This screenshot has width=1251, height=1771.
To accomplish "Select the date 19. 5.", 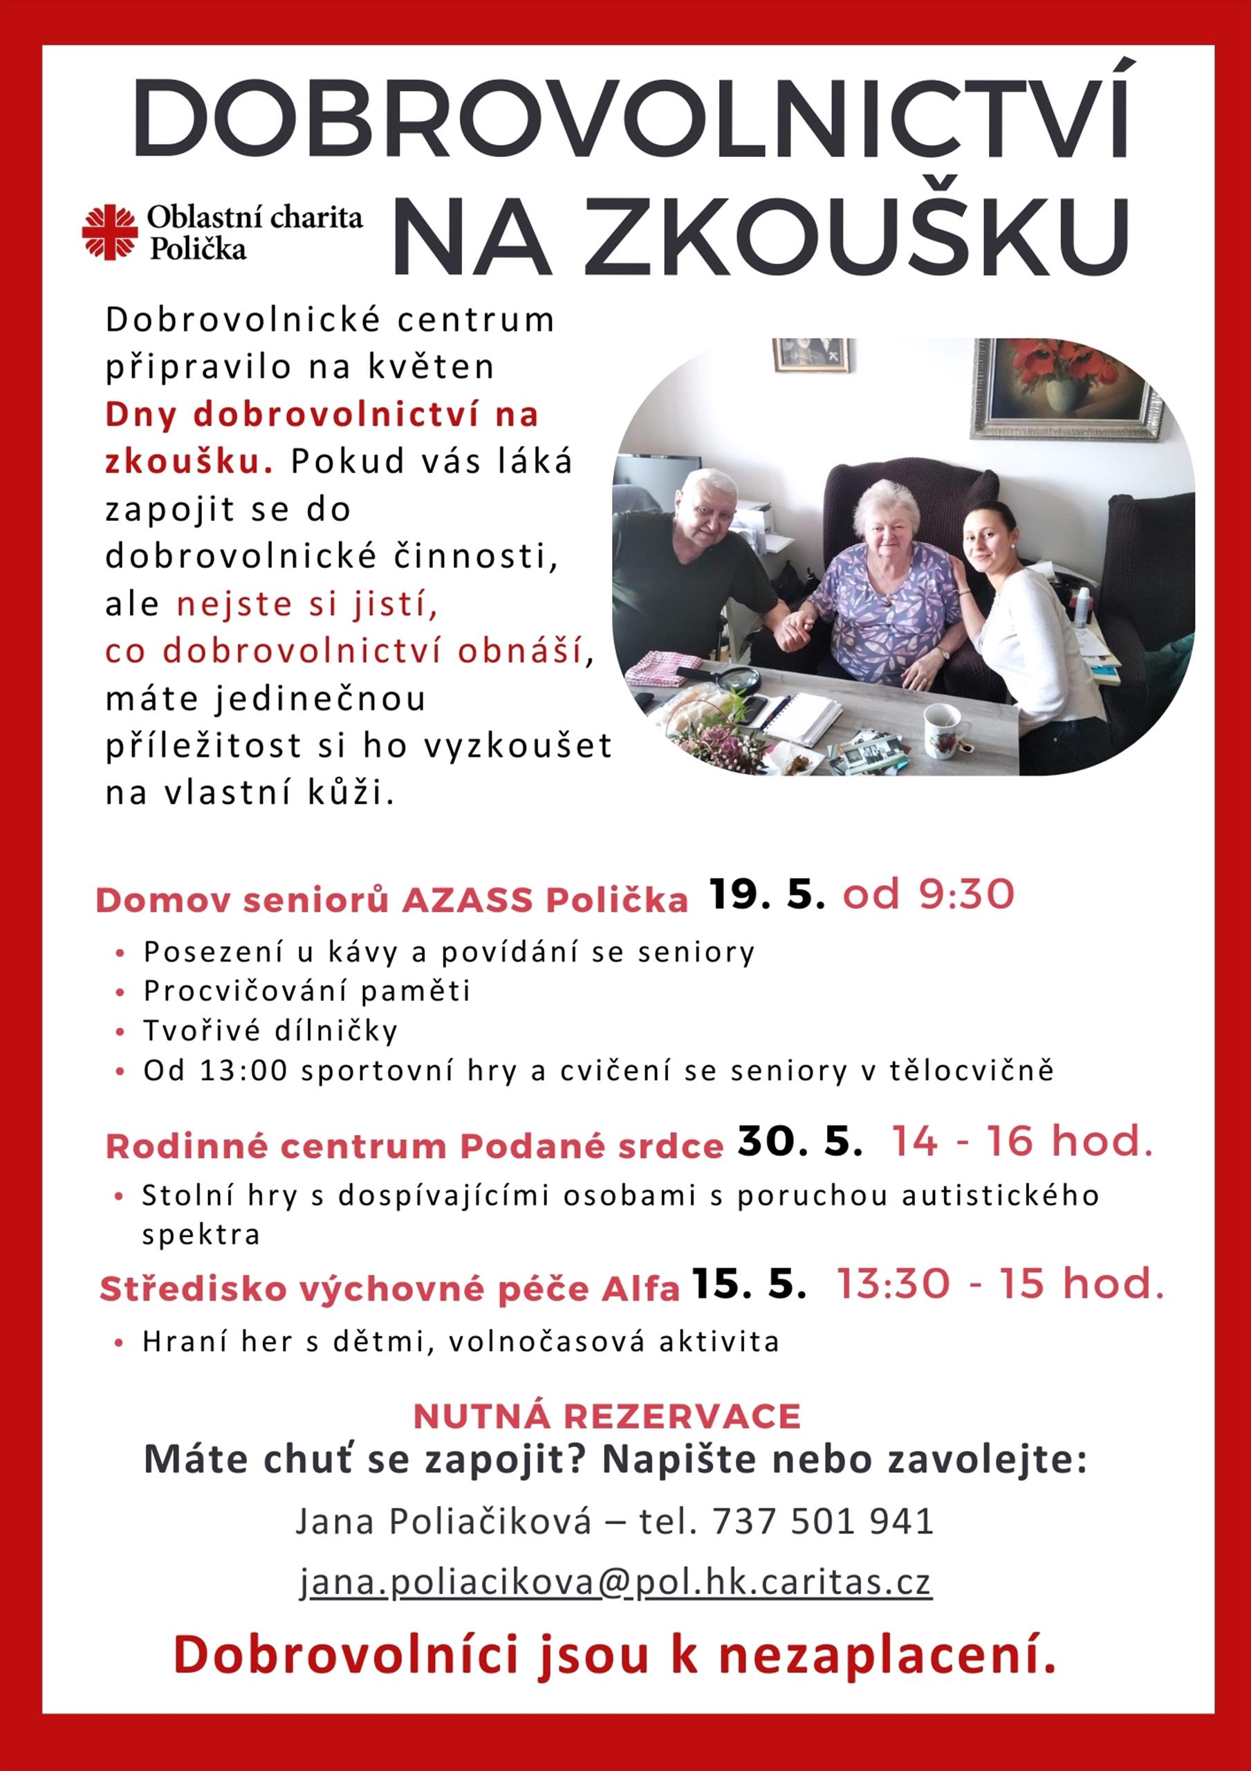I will coord(768,894).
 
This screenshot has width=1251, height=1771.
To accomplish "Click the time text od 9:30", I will coord(928,894).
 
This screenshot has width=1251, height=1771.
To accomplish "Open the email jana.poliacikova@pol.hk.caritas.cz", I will coord(615,1582).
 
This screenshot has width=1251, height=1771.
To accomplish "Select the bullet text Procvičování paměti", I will coord(307,991).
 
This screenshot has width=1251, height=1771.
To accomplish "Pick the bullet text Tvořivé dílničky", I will coord(270,1031).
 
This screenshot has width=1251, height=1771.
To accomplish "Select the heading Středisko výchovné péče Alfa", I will coord(389,1289).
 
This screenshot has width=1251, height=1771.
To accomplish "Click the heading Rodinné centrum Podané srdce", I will coord(414,1146).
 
